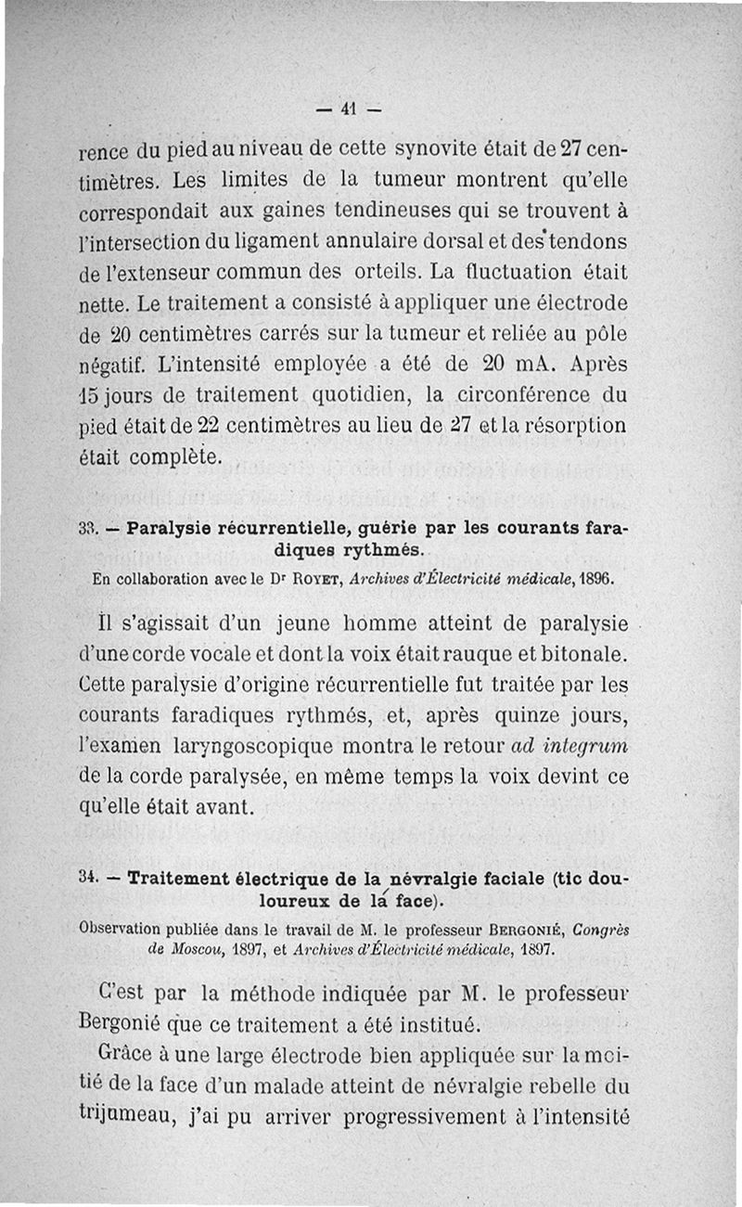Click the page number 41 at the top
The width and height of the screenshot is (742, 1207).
[x=349, y=108]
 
